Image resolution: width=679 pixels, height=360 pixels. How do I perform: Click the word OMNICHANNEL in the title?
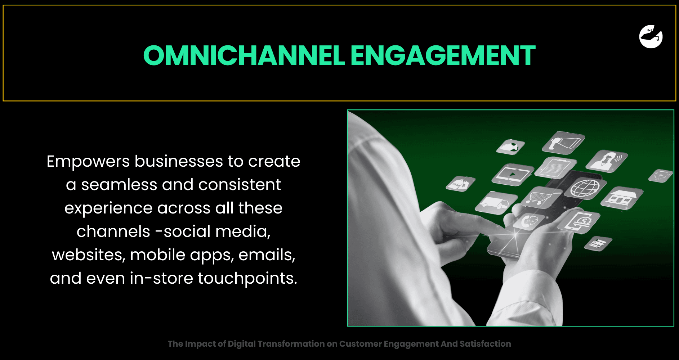coord(244,56)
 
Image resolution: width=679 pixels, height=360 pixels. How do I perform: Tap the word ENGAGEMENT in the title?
coord(443,56)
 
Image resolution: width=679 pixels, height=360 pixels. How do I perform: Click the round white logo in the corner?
coord(651,36)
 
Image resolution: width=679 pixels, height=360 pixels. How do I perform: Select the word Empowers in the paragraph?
coord(88,162)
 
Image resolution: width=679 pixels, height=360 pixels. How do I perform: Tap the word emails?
coord(267,255)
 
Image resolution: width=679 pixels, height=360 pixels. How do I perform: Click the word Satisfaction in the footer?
coord(485,344)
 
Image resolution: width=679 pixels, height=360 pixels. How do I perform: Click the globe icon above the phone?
coord(585,188)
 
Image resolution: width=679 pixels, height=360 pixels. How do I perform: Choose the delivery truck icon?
coord(496,203)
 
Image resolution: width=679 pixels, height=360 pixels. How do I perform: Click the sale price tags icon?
coord(460,184)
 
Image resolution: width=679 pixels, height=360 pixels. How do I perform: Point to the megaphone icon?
coord(564,141)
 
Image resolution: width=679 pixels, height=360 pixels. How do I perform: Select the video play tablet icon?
coord(513,174)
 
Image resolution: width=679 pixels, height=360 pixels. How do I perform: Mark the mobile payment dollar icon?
coord(579,221)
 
